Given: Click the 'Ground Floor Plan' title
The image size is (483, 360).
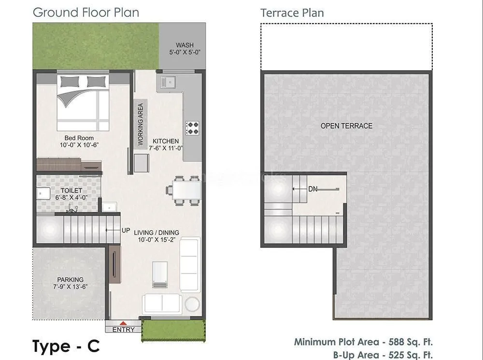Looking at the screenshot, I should click(85, 12).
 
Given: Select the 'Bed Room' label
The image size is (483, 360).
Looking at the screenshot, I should click(79, 138).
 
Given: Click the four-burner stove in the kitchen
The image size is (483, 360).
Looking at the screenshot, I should click(193, 128).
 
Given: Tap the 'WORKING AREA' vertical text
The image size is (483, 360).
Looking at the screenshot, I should click(141, 124).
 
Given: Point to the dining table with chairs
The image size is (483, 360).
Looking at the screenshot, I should click(183, 190).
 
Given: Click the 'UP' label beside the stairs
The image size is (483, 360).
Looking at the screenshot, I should click(126, 230).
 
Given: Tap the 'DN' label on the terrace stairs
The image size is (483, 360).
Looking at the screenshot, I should click(313, 189).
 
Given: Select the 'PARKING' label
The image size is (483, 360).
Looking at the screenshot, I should click(70, 279).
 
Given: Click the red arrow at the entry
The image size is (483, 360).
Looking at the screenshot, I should click(123, 323).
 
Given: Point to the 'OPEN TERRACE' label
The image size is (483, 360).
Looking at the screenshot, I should click(346, 126).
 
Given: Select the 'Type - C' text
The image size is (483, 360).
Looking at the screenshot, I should click(66, 346).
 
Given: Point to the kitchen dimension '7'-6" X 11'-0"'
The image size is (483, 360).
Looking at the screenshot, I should click(166, 148).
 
